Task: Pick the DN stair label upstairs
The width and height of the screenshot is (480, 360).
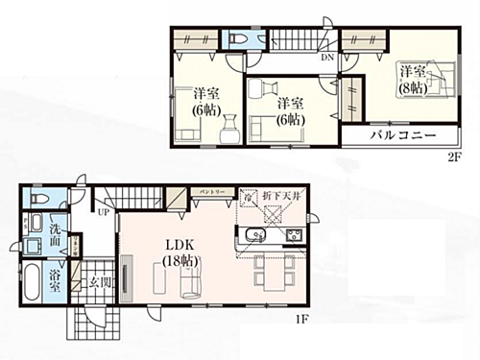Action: pos(327,57)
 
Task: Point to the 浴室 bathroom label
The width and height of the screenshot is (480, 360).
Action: pos(56,281)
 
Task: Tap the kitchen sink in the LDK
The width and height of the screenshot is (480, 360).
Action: pos(255,237)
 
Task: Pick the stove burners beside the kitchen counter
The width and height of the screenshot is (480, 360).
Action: pos(294,236)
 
